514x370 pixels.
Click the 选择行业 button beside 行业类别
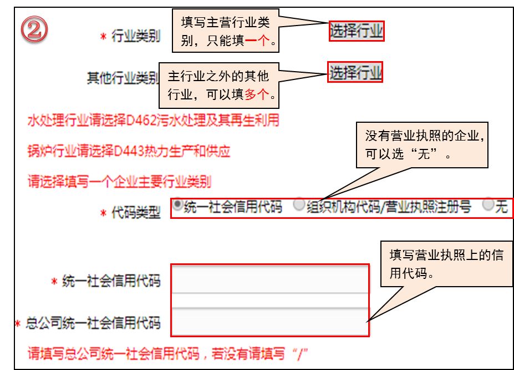point(356,31)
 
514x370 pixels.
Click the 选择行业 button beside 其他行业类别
point(356,73)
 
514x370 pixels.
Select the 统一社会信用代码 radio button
point(177,206)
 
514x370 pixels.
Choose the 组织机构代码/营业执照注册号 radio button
point(299,206)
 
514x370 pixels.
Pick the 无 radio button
point(487,206)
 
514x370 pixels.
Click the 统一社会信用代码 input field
point(269,281)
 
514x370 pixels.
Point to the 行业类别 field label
point(136,37)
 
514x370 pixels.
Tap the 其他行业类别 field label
point(123,77)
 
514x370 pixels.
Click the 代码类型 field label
point(136,213)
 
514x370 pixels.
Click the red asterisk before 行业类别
point(103,37)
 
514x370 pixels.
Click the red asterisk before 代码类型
point(103,213)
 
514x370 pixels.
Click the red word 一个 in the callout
point(256,41)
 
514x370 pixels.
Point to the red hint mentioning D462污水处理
point(153,121)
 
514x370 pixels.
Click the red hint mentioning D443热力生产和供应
point(129,151)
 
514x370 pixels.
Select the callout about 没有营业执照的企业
point(422,144)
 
